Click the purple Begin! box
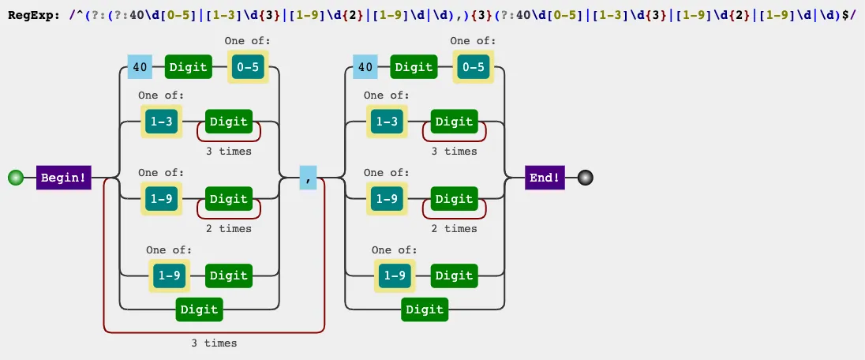pos(64,178)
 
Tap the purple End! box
pos(545,178)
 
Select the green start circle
pos(15,178)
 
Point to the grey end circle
pos(585,178)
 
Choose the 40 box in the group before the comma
pos(140,67)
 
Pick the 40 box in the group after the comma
pos(365,67)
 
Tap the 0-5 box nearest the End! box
pos(473,67)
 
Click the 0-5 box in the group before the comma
pos(248,67)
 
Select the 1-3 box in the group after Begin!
pos(161,122)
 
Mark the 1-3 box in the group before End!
pos(386,122)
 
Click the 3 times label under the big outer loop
pos(214,343)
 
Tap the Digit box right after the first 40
pos(189,67)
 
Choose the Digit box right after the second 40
pos(414,67)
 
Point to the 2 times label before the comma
pos(229,229)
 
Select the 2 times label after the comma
pos(454,229)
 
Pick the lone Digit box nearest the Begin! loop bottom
pos(200,309)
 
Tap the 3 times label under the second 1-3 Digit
pos(454,152)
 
